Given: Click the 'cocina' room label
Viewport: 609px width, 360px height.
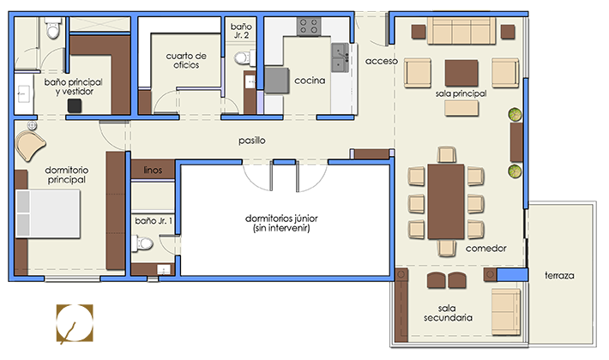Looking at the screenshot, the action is tap(310, 81).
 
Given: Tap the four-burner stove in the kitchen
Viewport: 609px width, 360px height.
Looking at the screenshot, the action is tap(309, 27).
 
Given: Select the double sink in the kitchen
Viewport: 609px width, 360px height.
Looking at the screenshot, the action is tap(340, 57).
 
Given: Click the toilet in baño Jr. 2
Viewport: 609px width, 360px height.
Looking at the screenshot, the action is tap(244, 58).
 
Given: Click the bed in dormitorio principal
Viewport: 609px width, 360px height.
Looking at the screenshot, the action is tap(47, 213).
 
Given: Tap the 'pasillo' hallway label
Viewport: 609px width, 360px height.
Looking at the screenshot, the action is tap(252, 141).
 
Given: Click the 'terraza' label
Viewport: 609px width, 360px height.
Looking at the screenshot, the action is tap(559, 275).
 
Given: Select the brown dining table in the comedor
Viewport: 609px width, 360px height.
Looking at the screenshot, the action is tap(446, 201).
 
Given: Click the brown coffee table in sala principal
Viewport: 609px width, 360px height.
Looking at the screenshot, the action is tap(461, 73).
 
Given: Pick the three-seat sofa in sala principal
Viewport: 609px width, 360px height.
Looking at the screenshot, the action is tap(461, 30).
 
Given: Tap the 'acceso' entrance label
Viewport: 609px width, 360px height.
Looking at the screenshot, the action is tap(382, 61).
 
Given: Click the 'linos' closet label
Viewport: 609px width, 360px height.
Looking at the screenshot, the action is tap(153, 170).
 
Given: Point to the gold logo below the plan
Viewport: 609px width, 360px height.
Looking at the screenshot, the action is tap(75, 324).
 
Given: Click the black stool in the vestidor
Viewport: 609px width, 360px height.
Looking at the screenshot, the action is tap(75, 105).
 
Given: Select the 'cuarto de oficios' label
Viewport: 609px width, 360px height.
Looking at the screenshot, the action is tap(186, 61).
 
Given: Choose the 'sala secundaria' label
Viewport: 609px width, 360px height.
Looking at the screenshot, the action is tap(448, 313).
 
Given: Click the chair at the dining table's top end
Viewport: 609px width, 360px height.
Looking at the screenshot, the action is tap(446, 154).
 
